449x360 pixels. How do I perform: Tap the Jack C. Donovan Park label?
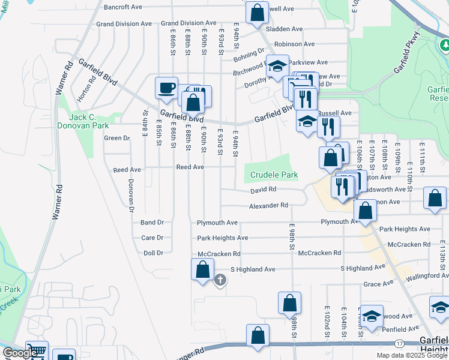click(83, 121)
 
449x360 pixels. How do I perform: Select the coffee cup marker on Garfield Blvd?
click(166, 88)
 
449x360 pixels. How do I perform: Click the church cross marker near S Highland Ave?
click(220, 279)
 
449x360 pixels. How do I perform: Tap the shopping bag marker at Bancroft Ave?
click(256, 12)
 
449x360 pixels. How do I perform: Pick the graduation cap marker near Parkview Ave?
click(277, 67)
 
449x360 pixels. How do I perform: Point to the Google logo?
click(20, 353)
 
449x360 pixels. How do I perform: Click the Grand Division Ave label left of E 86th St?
click(124, 24)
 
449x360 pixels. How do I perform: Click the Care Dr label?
click(152, 238)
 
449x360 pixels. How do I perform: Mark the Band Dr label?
click(152, 223)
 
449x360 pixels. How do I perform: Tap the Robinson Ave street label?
click(294, 44)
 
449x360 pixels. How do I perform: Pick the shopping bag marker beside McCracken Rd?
click(203, 269)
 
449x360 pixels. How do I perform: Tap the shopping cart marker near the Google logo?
click(37, 352)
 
